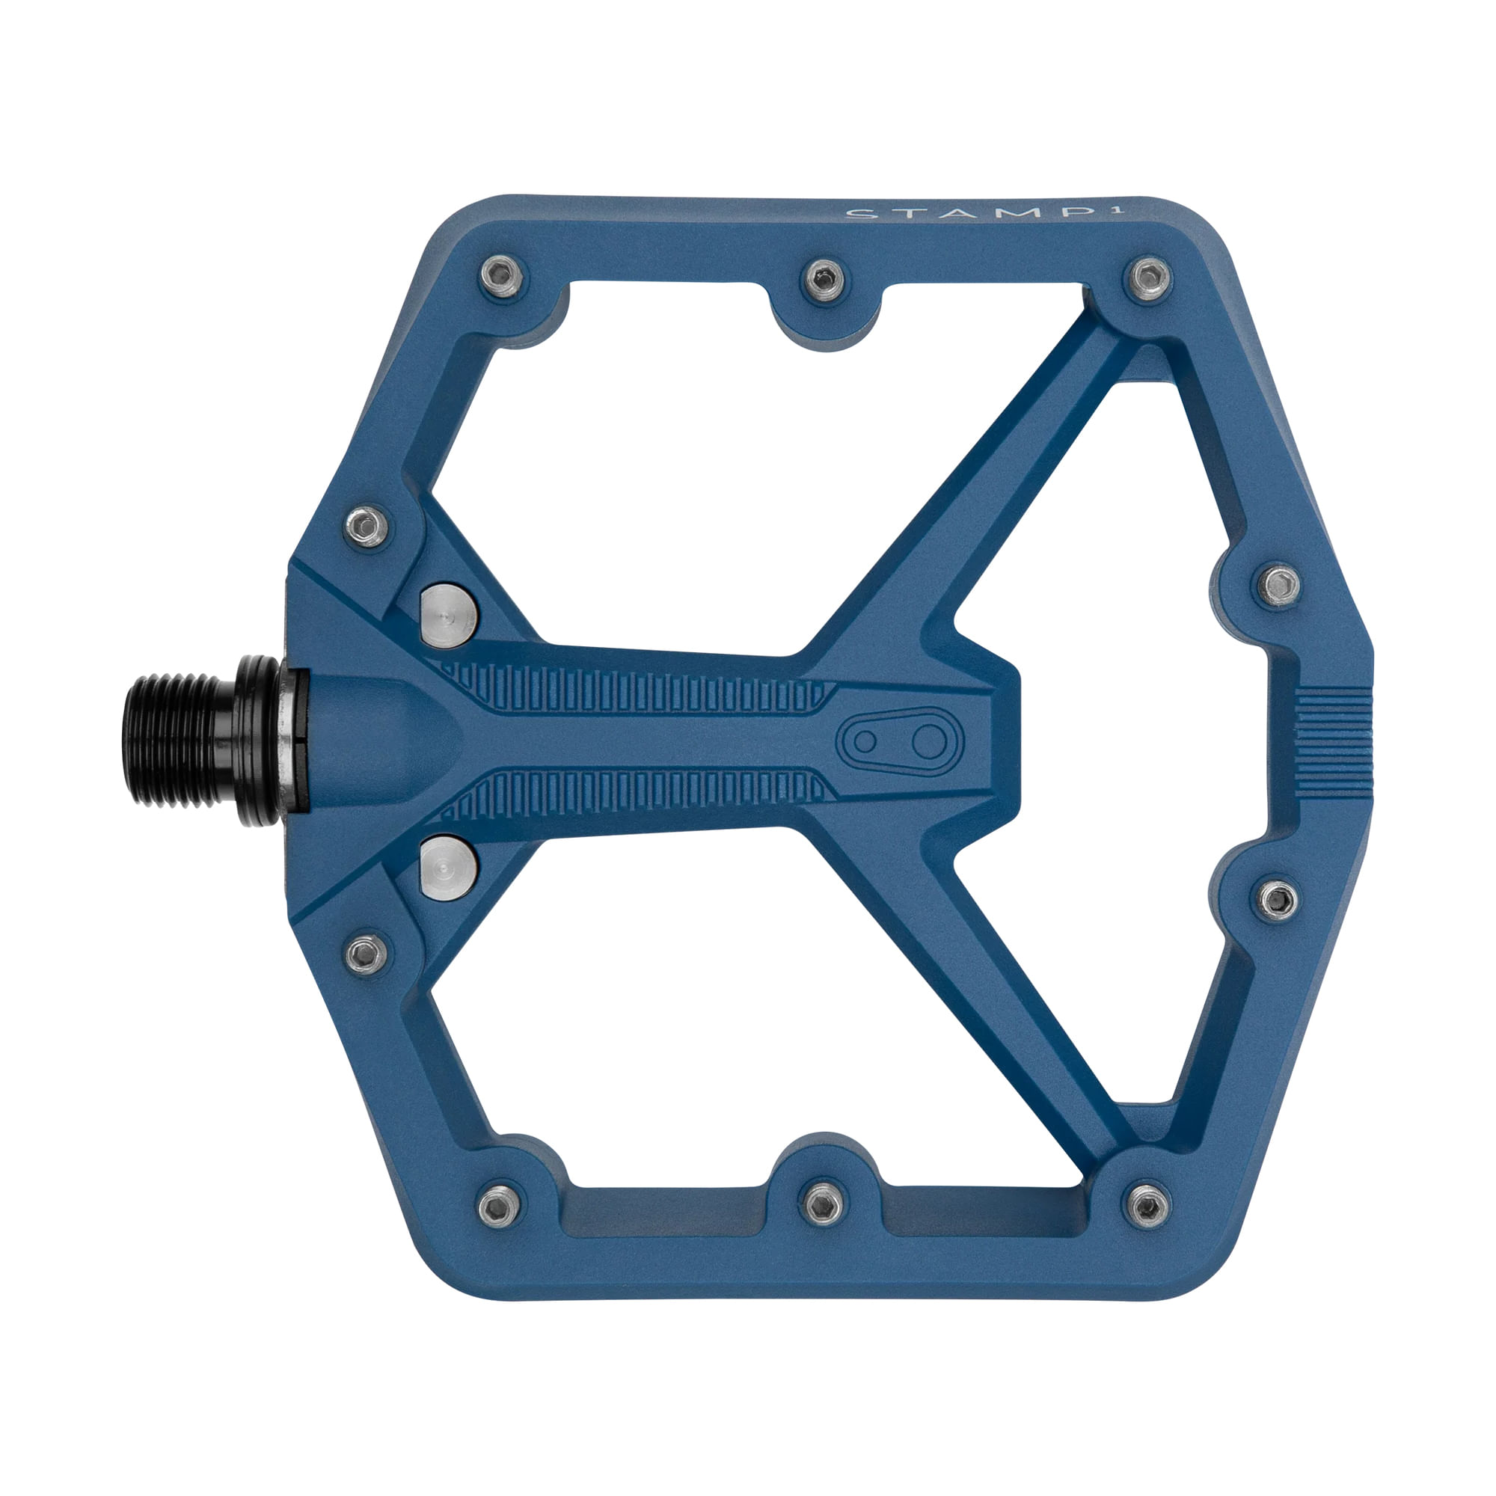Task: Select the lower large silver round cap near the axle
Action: pyautogui.click(x=448, y=865)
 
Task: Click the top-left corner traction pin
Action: pyautogui.click(x=501, y=276)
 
